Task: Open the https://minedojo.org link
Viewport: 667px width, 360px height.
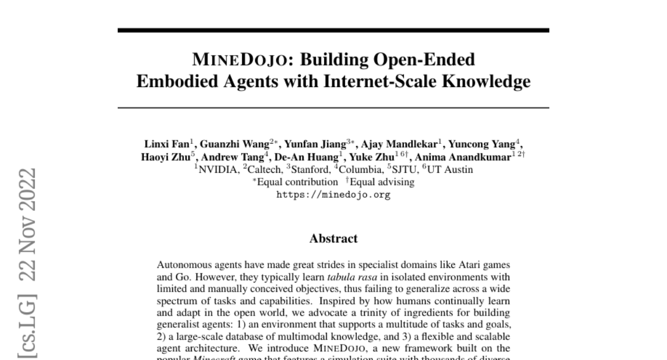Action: [333, 195]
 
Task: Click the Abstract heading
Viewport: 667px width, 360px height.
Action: [333, 239]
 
